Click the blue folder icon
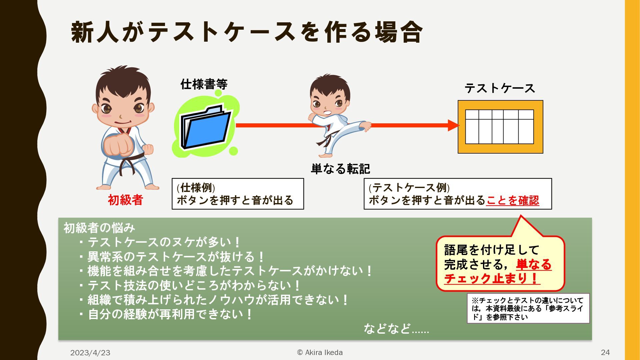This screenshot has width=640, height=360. [x=205, y=127]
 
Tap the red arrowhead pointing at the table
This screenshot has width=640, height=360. [x=454, y=125]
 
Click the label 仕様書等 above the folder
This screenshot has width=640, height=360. [x=204, y=84]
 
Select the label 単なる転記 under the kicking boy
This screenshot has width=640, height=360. [x=340, y=169]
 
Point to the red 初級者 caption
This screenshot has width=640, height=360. [x=125, y=200]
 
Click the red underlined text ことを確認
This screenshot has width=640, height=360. [x=513, y=200]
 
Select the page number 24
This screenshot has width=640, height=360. [x=605, y=352]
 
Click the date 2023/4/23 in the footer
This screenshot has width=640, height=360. [x=90, y=353]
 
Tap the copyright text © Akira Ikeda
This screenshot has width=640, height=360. [x=320, y=352]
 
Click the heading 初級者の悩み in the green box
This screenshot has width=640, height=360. [x=99, y=228]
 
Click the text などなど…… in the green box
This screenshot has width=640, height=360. [x=396, y=329]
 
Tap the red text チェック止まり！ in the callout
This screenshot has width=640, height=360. [x=492, y=279]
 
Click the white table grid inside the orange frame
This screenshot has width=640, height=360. [x=499, y=127]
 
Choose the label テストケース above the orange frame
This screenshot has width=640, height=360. [x=500, y=88]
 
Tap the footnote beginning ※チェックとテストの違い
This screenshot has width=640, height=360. [x=528, y=309]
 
